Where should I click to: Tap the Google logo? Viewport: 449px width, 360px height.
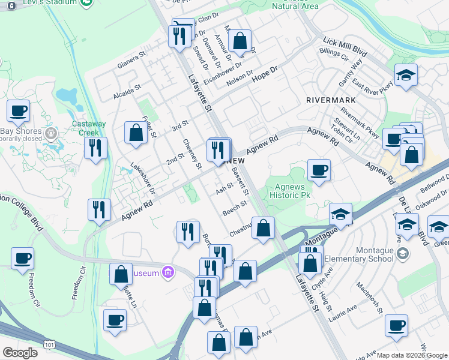point(20,352)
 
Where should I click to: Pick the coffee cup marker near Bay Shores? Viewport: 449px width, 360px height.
point(18,110)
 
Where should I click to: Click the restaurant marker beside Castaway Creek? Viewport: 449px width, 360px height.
point(96,148)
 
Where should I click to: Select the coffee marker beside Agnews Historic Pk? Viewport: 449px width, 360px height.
point(319,170)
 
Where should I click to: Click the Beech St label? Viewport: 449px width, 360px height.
point(235,209)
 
